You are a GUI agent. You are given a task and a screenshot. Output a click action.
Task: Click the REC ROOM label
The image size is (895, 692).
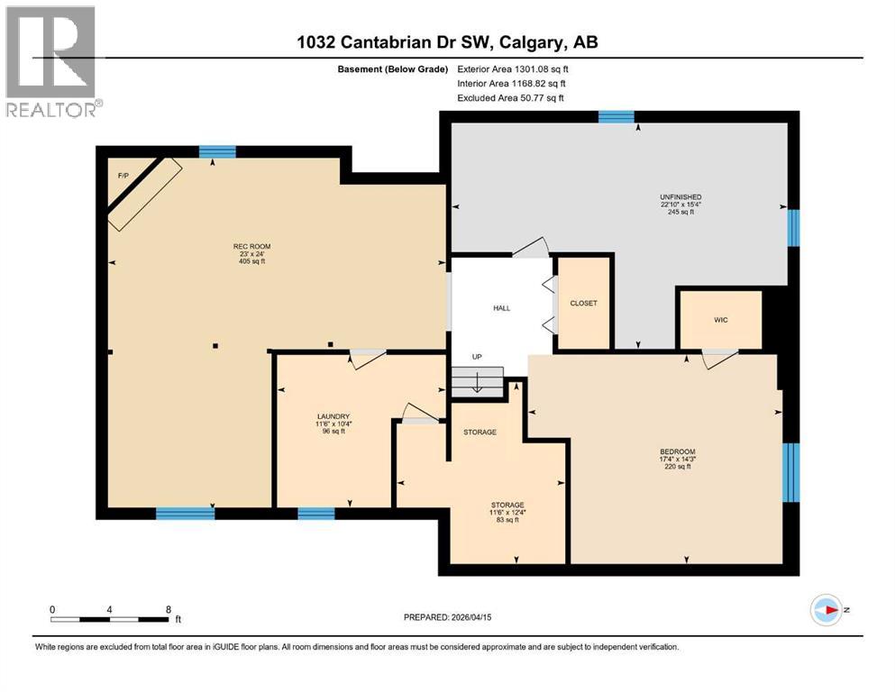252,246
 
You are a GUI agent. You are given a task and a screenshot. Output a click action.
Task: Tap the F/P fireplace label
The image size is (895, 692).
123,175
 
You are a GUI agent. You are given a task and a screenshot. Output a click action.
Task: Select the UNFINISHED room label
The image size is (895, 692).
680,196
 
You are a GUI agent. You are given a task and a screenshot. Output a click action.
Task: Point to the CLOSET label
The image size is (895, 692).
583,304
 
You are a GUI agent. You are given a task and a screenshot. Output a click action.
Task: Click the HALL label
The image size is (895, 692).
501,308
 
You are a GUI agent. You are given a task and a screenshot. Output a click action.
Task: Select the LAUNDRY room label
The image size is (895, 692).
333,416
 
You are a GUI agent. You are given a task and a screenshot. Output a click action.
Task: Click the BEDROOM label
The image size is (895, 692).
677,451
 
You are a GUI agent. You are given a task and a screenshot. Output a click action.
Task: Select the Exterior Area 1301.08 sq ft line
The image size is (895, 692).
513,68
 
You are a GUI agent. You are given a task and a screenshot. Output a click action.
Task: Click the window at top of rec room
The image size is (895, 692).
212,151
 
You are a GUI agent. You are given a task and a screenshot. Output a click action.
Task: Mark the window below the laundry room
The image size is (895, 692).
316,514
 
